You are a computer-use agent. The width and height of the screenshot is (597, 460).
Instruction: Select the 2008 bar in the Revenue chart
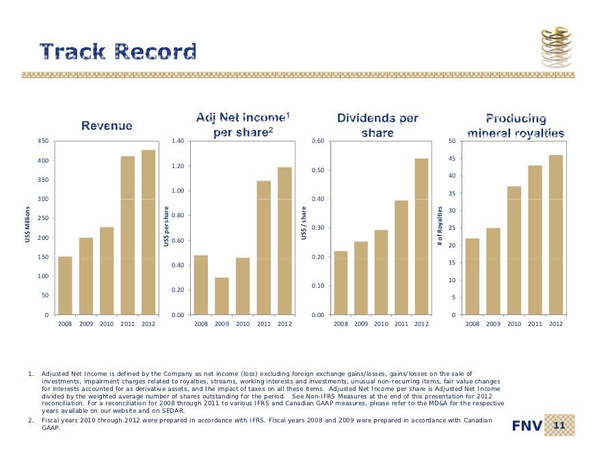[65, 285]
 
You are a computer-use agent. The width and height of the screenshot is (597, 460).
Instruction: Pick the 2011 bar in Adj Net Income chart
[263, 247]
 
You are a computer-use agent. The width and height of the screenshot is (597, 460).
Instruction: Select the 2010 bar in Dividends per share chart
[380, 272]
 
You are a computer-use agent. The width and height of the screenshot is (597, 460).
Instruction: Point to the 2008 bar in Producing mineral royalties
[472, 276]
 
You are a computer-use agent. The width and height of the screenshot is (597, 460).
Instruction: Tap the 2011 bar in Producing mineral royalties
[535, 240]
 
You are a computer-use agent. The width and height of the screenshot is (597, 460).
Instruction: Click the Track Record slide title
[118, 51]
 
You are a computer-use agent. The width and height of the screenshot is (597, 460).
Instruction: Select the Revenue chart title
[107, 126]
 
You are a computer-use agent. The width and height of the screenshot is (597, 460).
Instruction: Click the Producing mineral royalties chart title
[516, 126]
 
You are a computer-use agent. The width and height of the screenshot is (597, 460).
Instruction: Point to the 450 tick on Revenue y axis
[42, 141]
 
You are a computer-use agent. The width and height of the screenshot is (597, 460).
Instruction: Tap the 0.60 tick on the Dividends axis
[317, 141]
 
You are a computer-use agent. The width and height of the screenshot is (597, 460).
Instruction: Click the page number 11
[559, 426]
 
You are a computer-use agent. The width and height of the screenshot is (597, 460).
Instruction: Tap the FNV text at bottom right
[527, 427]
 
